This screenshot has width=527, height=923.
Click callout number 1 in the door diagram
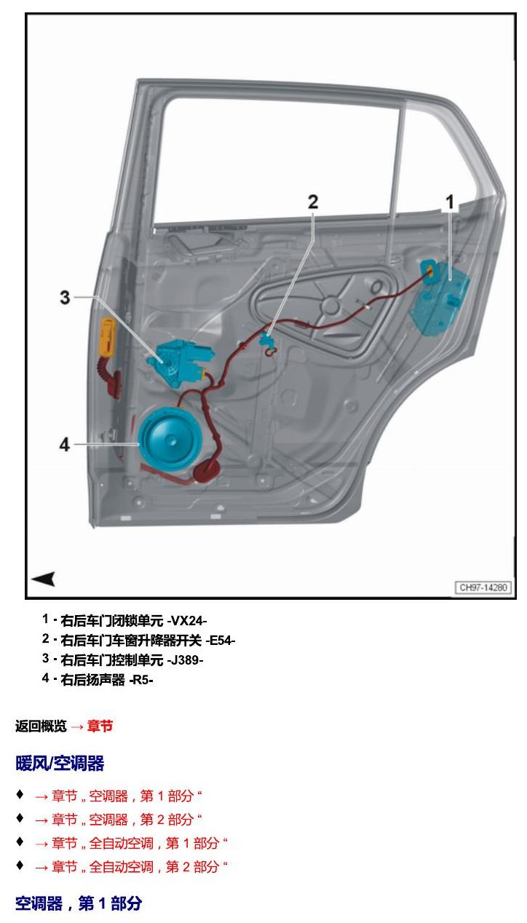click(x=450, y=202)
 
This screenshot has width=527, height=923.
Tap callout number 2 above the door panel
click(x=313, y=202)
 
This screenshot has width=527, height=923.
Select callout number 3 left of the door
click(x=65, y=298)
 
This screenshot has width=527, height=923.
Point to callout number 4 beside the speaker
click(x=65, y=445)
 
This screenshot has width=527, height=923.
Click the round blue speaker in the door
click(x=170, y=439)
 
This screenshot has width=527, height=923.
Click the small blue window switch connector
click(x=266, y=339)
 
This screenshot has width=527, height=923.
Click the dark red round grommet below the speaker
click(x=207, y=470)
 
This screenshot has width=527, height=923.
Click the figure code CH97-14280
click(x=483, y=587)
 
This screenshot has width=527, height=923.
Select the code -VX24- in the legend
click(x=186, y=621)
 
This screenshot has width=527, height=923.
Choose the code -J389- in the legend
click(x=185, y=660)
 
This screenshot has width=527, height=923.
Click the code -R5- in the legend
click(x=141, y=680)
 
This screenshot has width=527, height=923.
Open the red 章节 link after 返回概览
click(x=100, y=726)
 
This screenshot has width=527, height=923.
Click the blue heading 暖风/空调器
click(x=60, y=764)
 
